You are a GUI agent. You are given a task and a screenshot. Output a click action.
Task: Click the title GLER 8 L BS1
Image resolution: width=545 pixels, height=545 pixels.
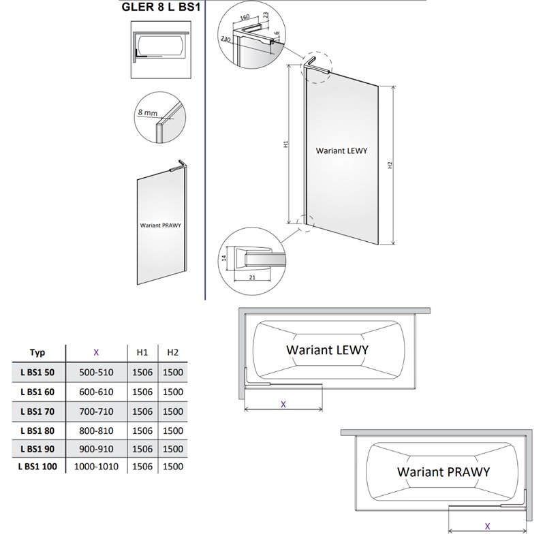[x=161, y=7]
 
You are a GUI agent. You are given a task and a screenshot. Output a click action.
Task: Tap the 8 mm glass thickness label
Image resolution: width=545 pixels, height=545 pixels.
[x=147, y=112]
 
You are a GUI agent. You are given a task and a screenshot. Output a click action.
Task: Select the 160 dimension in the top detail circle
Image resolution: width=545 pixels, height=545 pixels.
[x=245, y=18]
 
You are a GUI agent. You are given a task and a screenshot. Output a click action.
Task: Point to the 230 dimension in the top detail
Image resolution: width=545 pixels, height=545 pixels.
[x=225, y=39]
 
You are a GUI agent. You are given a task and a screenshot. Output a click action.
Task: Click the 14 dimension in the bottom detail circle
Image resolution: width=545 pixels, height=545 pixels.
[x=224, y=258]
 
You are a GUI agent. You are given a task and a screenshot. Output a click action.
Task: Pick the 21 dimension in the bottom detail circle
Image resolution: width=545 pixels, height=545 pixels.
[x=252, y=277]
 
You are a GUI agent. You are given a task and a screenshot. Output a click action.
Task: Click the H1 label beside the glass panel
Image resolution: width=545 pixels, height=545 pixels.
[x=286, y=144]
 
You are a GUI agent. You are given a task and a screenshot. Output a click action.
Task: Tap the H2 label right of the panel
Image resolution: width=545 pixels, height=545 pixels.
[x=390, y=165]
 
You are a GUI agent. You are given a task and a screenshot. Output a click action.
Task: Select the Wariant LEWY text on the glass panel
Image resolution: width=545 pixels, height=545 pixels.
[x=341, y=151]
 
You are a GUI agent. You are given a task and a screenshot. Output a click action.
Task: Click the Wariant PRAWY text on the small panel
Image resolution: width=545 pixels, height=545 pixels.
[x=161, y=225]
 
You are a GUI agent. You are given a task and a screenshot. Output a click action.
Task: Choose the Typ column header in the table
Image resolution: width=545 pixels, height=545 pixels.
[x=37, y=352]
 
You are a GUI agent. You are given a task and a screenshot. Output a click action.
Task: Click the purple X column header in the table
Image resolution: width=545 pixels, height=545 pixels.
[x=96, y=352]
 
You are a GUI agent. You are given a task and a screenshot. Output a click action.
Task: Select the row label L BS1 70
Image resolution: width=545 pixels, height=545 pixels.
[x=37, y=411]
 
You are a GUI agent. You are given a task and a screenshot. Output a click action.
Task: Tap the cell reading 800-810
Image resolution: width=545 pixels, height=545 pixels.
[x=96, y=431]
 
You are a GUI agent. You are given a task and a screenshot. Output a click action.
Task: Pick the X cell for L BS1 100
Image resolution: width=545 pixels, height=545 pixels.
[x=96, y=467]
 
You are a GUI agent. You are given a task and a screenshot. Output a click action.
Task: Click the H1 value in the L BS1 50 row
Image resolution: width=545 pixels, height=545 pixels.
[x=142, y=372]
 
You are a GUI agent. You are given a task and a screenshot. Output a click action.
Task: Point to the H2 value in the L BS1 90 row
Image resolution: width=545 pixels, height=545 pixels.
[x=173, y=449]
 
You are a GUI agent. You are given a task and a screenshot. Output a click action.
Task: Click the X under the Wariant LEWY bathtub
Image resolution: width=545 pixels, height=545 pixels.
[x=283, y=404]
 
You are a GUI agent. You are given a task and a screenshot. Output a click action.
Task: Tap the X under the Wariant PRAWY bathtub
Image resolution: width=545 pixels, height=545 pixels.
[x=487, y=526]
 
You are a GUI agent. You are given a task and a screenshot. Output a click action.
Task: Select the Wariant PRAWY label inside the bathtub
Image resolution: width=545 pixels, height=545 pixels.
[x=443, y=471]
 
